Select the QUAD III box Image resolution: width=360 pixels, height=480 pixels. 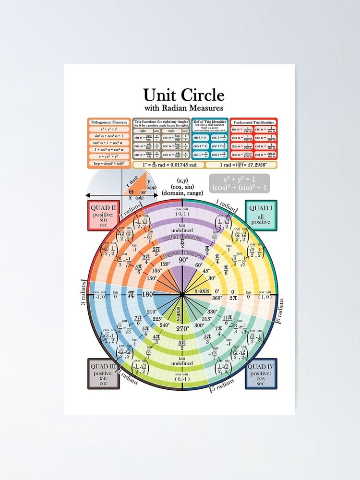pyautogui.click(x=103, y=373)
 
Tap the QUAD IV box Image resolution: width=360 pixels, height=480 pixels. pyautogui.click(x=261, y=373)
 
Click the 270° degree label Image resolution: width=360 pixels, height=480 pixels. pyautogui.click(x=183, y=329)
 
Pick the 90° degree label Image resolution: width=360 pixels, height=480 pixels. pyautogui.click(x=183, y=260)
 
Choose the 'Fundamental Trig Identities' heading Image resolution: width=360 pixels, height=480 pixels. pyautogui.click(x=253, y=122)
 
